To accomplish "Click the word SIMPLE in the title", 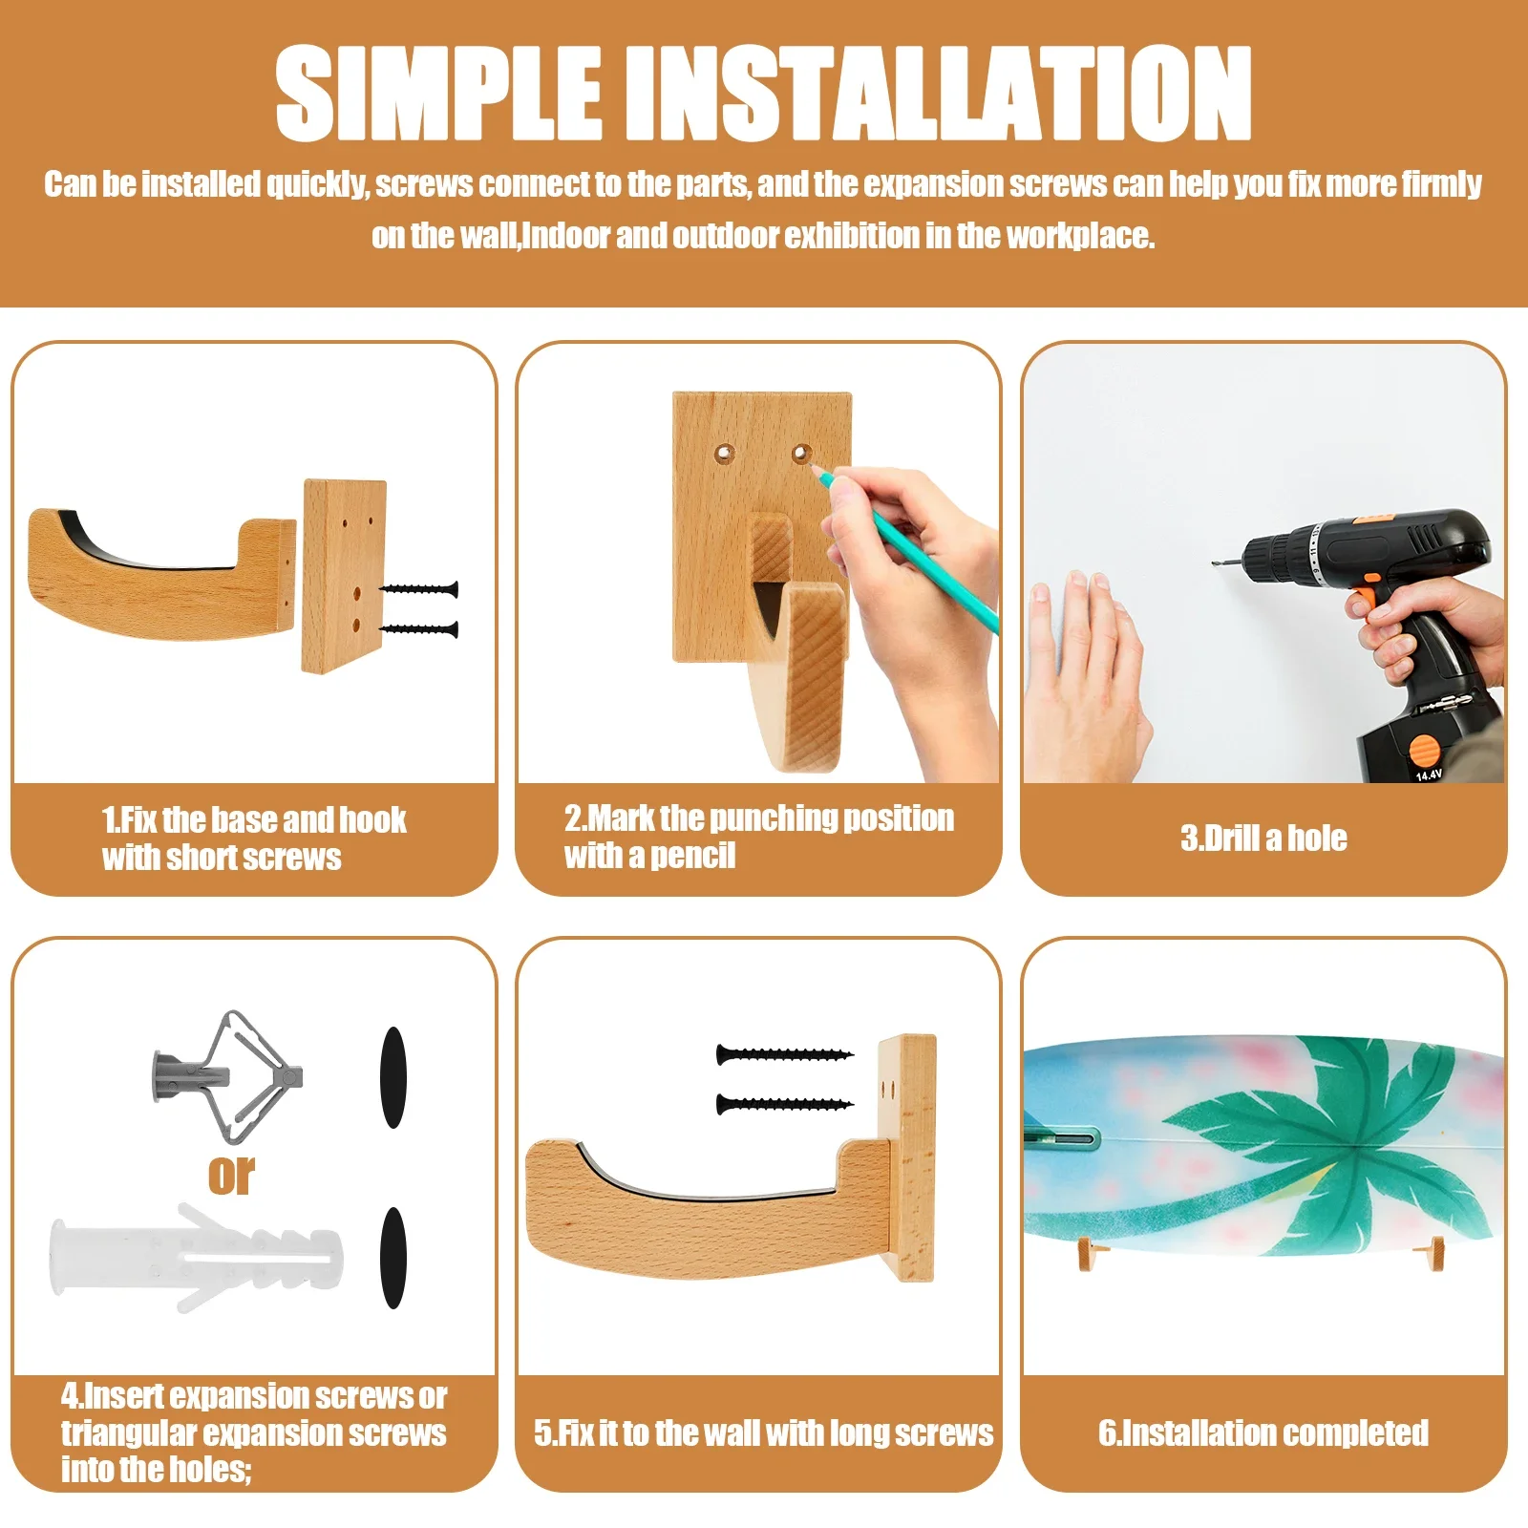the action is pos(439,93).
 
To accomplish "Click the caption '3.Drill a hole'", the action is pos(1263,838).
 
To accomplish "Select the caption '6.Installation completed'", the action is pos(1263,1432).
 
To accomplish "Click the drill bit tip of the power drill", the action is pos(1216,562).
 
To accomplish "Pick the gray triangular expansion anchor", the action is pos(227,1076).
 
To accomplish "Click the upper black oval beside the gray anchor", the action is pos(393,1077).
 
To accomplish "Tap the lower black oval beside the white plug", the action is pos(393,1257).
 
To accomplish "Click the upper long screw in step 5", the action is pos(784,1054).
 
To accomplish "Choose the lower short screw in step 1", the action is pos(419,628).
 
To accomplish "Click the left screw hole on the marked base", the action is pos(725,452).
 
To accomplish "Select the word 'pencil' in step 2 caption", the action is pos(693,856).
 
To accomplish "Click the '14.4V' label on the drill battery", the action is pos(1429,775).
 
